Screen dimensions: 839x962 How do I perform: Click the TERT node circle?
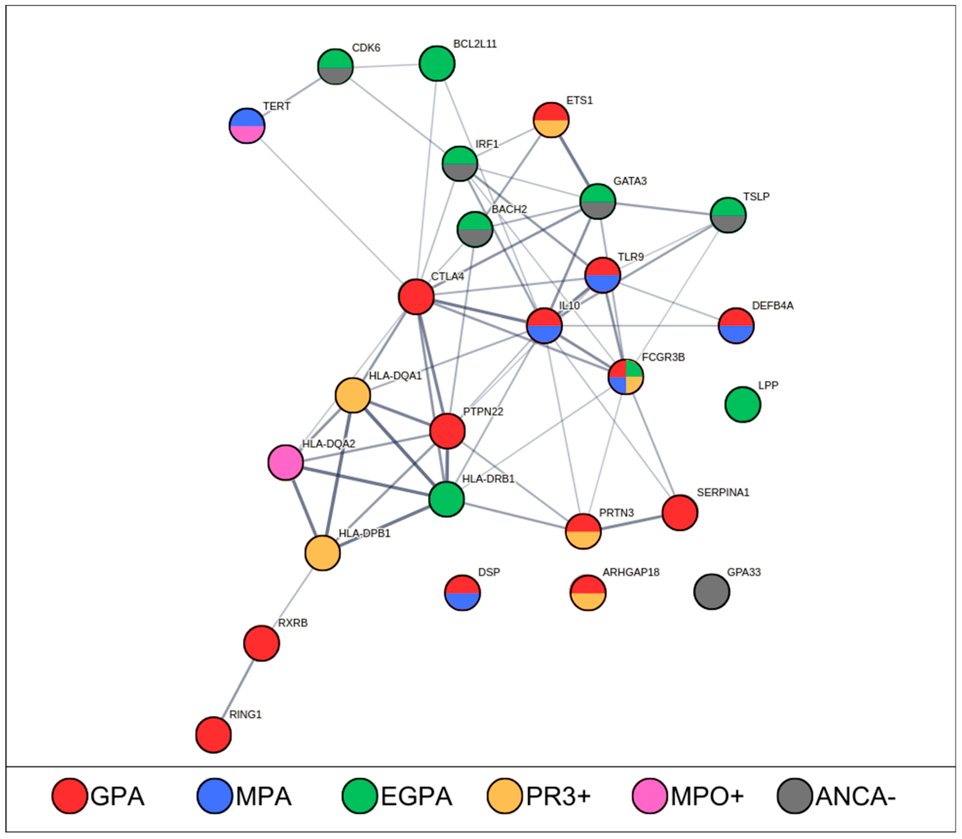(x=247, y=126)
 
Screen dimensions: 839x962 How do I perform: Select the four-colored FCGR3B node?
(x=626, y=376)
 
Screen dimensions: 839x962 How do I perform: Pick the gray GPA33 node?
(x=711, y=592)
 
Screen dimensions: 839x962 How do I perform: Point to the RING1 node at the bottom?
(x=214, y=735)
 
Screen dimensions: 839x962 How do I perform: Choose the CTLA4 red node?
(x=416, y=297)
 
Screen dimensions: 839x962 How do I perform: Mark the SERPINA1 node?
(x=679, y=513)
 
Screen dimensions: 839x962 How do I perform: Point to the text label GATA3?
(x=630, y=181)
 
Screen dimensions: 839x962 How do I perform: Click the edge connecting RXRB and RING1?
(x=238, y=688)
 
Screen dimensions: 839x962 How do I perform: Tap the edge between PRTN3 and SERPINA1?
(x=631, y=522)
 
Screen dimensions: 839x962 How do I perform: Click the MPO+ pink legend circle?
(x=650, y=796)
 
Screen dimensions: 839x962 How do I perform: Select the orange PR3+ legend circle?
(x=504, y=796)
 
